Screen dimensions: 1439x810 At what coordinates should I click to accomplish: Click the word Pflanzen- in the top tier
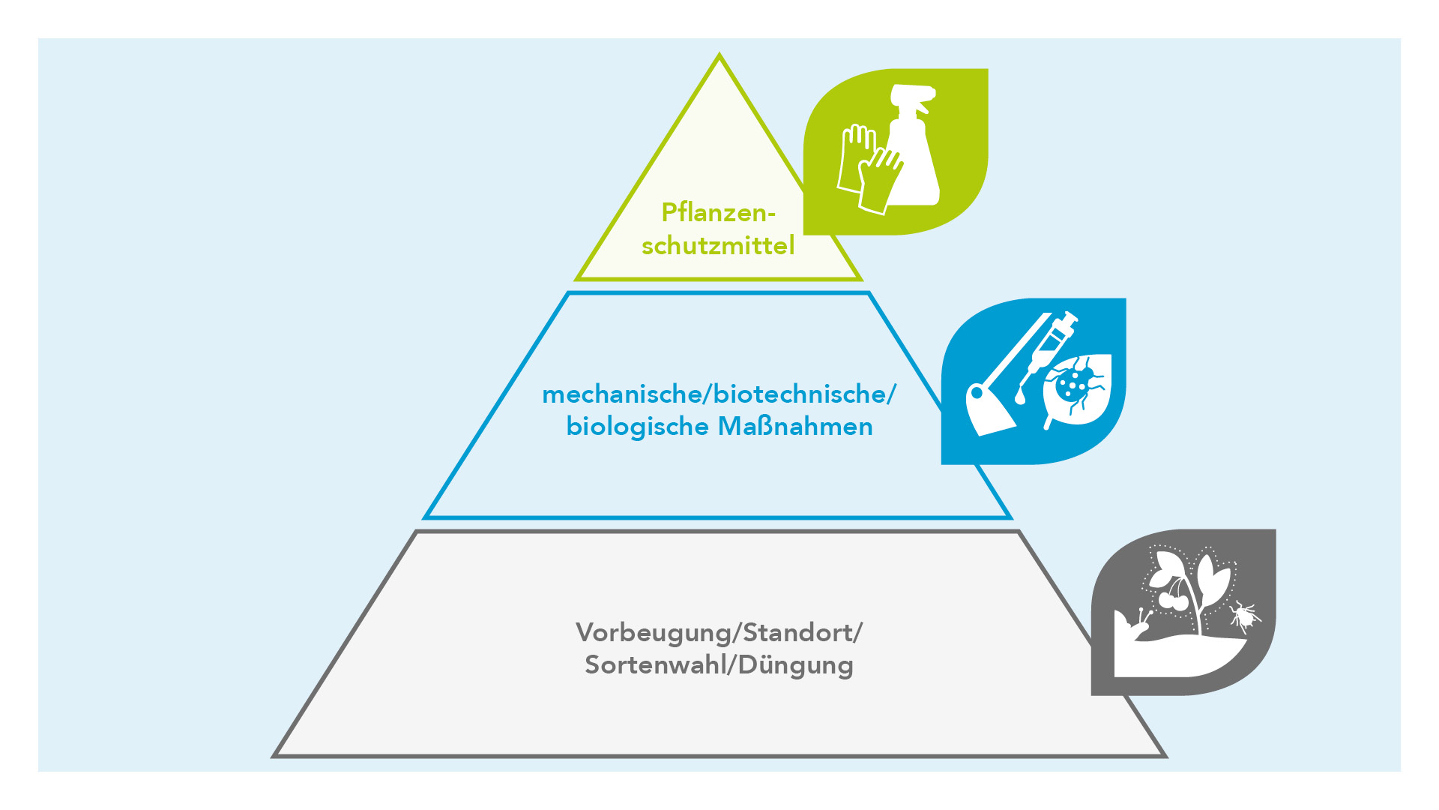coord(718,214)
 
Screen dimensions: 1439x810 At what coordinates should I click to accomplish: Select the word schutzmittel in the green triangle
coord(718,246)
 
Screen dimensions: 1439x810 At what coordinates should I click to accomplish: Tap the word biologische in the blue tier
coord(637,427)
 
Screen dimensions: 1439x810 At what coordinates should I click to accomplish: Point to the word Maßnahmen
coord(796,427)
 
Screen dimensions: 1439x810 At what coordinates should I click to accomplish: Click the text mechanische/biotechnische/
coord(719,394)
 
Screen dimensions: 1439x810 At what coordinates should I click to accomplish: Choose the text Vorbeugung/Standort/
coord(719,633)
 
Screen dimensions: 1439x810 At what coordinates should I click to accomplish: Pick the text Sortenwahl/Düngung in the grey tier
coord(719,665)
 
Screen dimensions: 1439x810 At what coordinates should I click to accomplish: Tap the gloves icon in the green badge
coord(868,169)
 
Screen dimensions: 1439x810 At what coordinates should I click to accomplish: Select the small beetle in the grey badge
coord(1245,616)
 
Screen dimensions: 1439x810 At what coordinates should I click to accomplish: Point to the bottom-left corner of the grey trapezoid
coord(274,755)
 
